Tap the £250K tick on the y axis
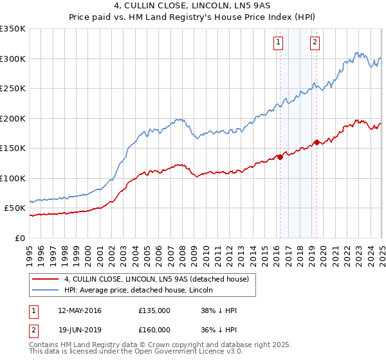(x=13, y=89)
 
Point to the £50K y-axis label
(x=15, y=208)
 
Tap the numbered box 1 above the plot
(x=279, y=43)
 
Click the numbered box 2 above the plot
(x=315, y=43)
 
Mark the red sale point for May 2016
(x=280, y=157)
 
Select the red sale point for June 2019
(x=317, y=142)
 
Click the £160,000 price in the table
(x=154, y=330)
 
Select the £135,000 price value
(x=154, y=310)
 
